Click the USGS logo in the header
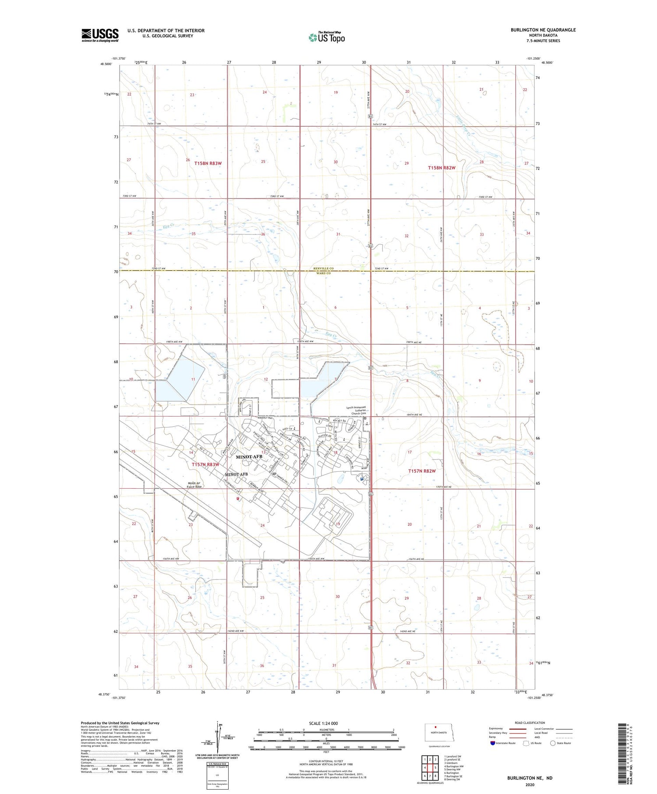[100, 35]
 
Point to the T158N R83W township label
[208, 163]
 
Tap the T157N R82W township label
[422, 471]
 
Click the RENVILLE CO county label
[323, 268]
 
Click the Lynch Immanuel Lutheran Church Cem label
[356, 410]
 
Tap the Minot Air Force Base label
[194, 485]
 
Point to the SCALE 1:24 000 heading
[323, 723]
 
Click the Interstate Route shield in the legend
[492, 743]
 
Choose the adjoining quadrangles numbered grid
[430, 768]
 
